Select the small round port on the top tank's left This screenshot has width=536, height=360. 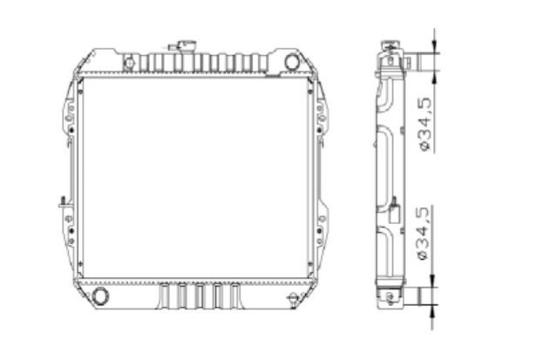click(130, 63)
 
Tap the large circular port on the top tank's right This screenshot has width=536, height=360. click(292, 62)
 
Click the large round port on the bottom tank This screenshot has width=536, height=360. click(100, 295)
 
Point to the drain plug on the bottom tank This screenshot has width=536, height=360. click(293, 298)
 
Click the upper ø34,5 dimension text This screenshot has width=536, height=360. click(425, 124)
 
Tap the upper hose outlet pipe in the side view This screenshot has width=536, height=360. click(421, 62)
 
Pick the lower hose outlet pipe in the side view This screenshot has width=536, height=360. click(420, 296)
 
